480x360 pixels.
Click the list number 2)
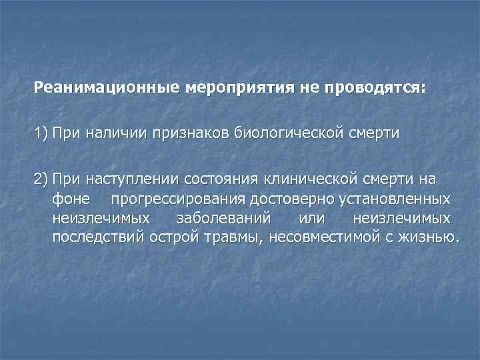[43, 179]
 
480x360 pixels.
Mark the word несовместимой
[323, 237]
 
